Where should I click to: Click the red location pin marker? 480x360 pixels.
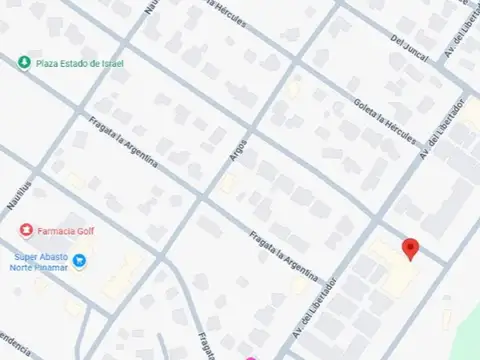(x=409, y=249)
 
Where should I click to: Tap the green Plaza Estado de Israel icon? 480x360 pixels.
(x=23, y=63)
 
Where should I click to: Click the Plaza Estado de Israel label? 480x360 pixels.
(x=79, y=63)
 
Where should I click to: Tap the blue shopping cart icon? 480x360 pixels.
(x=81, y=262)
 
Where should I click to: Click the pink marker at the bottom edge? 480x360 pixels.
(x=251, y=357)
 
